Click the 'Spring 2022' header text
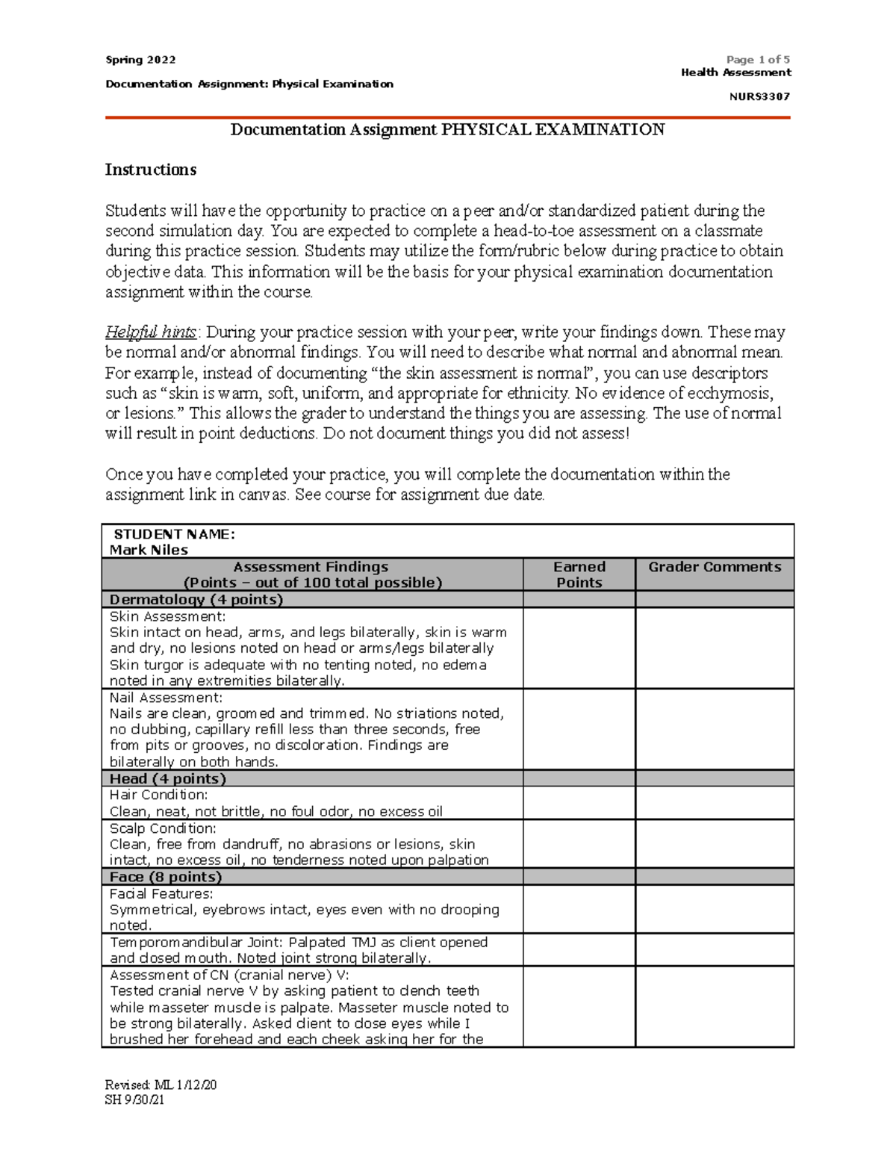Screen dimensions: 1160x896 140,60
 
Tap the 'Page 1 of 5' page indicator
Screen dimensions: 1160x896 758,60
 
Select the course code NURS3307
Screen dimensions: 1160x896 759,96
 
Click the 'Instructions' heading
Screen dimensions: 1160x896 150,170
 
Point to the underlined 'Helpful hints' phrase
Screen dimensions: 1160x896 151,332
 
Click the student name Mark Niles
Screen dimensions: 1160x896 149,550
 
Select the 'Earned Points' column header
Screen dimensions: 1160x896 579,574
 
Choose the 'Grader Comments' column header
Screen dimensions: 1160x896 715,567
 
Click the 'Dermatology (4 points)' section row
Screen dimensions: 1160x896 196,599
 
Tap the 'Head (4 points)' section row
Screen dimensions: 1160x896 167,778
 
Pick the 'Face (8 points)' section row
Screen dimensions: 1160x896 166,877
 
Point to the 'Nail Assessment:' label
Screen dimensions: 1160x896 166,698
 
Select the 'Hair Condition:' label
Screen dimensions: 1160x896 158,795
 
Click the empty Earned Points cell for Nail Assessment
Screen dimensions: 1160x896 579,729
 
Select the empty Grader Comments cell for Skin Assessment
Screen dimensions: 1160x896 715,648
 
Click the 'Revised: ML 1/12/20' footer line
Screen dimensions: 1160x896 161,1085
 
